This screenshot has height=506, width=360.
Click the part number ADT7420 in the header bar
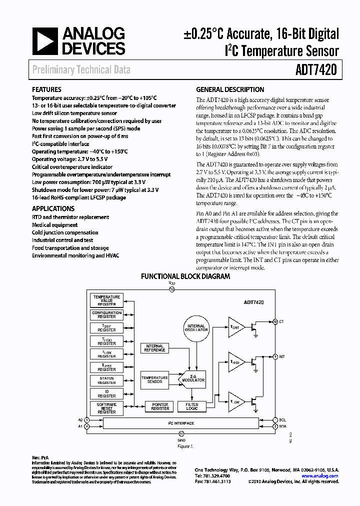point(317,70)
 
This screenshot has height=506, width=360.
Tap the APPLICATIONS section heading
point(53,208)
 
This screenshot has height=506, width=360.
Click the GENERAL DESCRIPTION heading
point(230,90)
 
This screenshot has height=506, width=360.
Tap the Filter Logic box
point(192,407)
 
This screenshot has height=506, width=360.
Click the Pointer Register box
point(160,407)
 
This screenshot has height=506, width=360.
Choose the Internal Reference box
point(154,348)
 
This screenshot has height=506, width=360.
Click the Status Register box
point(106,380)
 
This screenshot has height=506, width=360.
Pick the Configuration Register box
point(106,314)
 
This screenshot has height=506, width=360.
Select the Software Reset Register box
point(106,408)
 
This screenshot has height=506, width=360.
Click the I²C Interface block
point(181,423)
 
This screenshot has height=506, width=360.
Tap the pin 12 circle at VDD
point(172,289)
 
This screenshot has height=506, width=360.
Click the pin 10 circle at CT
point(275,321)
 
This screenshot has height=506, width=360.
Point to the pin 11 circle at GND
point(181,434)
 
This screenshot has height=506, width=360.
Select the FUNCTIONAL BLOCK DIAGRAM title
point(185,276)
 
